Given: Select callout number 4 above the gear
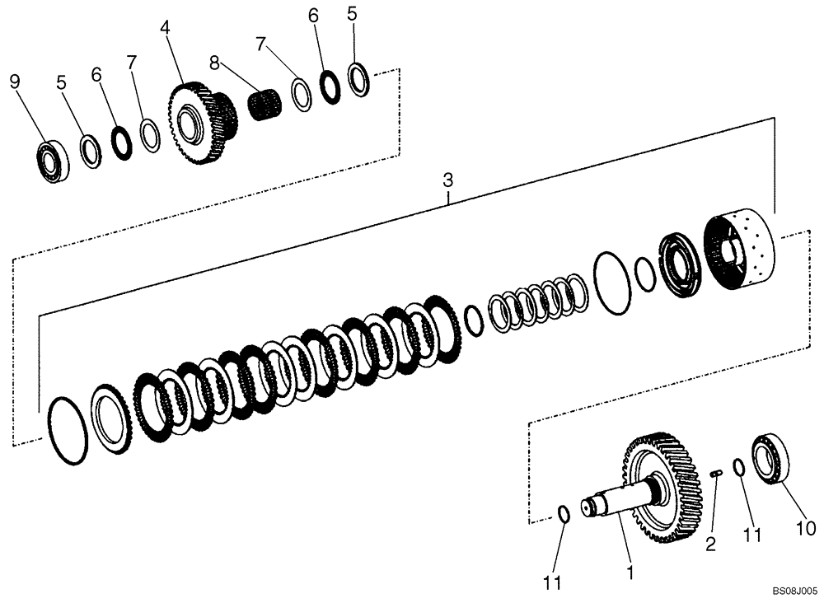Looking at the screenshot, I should (x=165, y=27).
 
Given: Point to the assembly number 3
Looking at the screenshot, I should (x=447, y=179).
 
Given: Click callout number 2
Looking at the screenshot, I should (x=710, y=543).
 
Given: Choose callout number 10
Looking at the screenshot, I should (x=806, y=527).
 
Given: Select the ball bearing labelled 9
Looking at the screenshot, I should (x=53, y=160).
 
